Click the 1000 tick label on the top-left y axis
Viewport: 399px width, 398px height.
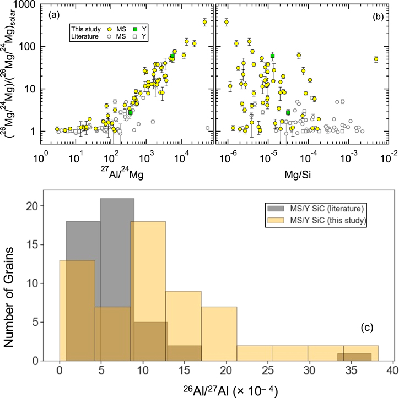coord(23,5)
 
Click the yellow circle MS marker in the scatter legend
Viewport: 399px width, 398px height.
coord(112,27)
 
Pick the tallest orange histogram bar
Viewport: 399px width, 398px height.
coord(148,291)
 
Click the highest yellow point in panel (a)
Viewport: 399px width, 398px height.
coord(204,22)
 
